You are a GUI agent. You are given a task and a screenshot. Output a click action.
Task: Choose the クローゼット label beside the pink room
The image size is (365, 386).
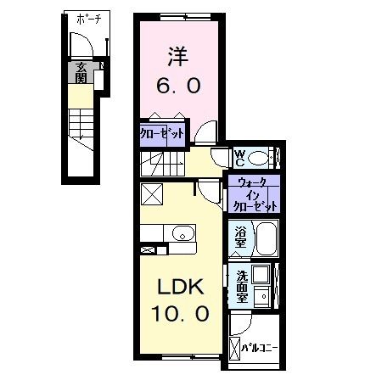(160, 133)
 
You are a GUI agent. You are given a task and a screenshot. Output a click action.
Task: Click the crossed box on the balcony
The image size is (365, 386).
(235, 349)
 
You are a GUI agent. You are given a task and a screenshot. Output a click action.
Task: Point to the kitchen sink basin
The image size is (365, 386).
(179, 233)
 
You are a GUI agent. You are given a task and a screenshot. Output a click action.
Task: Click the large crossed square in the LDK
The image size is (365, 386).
(152, 194)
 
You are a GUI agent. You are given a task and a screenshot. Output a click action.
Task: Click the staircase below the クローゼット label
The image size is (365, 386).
(162, 159)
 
